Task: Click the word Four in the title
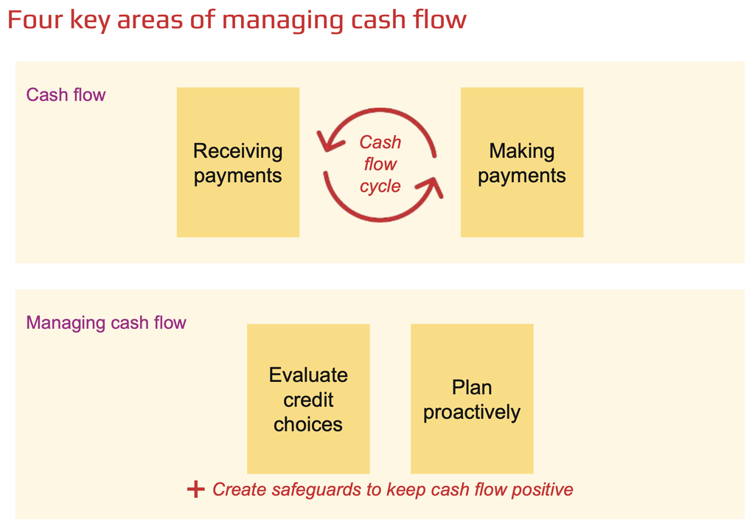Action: pyautogui.click(x=35, y=20)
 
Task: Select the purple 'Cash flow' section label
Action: pyautogui.click(x=66, y=94)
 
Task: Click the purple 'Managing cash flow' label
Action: pyautogui.click(x=106, y=323)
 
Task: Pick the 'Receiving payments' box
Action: pyautogui.click(x=238, y=162)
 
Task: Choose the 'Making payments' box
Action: pyautogui.click(x=522, y=162)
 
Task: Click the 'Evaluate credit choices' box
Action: pyautogui.click(x=308, y=398)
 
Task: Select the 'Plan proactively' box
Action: pyautogui.click(x=472, y=398)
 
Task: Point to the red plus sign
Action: pyautogui.click(x=196, y=490)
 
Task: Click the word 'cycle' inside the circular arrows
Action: pyautogui.click(x=380, y=187)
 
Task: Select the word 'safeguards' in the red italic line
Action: pyautogui.click(x=316, y=490)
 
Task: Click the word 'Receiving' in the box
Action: pyautogui.click(x=238, y=151)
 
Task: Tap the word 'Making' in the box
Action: pyautogui.click(x=522, y=151)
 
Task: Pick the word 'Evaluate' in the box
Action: pyautogui.click(x=308, y=375)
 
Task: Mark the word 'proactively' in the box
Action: pyautogui.click(x=472, y=412)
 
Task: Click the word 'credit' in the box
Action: pyautogui.click(x=308, y=400)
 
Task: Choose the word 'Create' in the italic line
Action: pyautogui.click(x=240, y=490)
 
